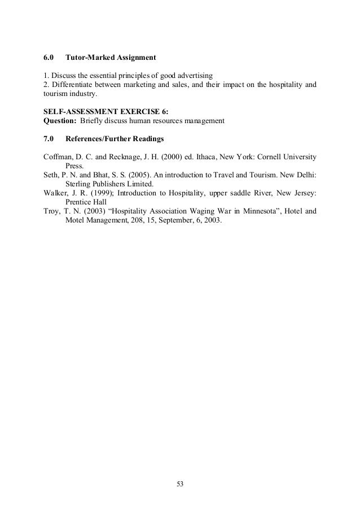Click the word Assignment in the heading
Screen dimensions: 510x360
[134, 58]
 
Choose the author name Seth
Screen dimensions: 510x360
[51, 175]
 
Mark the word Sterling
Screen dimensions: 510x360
[78, 184]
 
